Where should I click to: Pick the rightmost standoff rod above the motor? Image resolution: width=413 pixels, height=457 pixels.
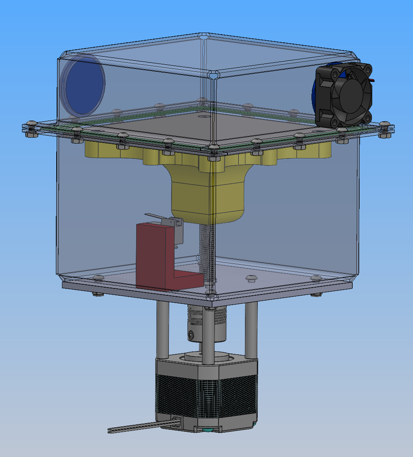(x=251, y=330)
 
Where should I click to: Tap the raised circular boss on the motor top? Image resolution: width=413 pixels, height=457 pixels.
(x=208, y=355)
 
